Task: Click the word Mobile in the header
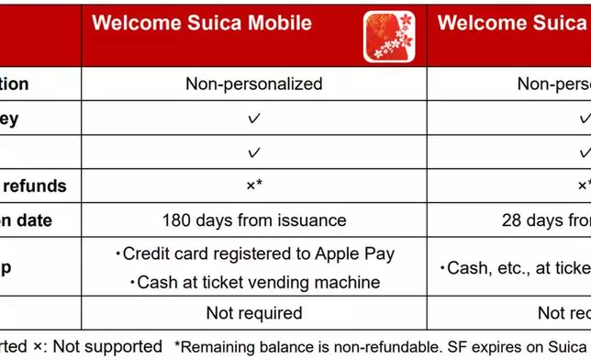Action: click(276, 24)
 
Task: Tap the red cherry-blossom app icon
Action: click(391, 38)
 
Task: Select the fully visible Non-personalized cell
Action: click(254, 84)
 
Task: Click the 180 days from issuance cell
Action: click(254, 220)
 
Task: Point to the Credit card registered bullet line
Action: click(254, 254)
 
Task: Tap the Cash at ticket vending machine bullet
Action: click(254, 282)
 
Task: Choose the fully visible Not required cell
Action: click(254, 313)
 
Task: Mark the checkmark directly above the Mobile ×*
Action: click(254, 152)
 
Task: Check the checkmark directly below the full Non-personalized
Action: click(254, 118)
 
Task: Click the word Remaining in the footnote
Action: click(220, 347)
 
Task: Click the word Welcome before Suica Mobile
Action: click(134, 24)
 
